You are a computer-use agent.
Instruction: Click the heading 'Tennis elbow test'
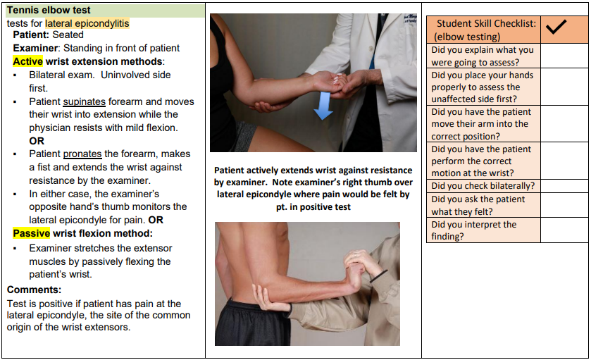(49, 11)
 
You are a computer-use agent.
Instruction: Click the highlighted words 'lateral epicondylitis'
(87, 23)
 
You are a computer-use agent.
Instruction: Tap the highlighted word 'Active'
(27, 61)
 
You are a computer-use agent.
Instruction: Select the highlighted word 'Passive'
(31, 233)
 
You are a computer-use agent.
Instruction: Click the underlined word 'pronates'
(82, 154)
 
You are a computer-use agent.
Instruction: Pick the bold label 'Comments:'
(35, 290)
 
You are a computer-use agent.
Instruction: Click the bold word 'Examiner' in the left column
(36, 48)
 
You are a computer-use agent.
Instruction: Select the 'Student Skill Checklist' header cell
(485, 30)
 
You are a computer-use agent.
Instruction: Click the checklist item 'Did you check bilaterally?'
(483, 186)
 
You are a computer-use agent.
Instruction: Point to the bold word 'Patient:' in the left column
(32, 35)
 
